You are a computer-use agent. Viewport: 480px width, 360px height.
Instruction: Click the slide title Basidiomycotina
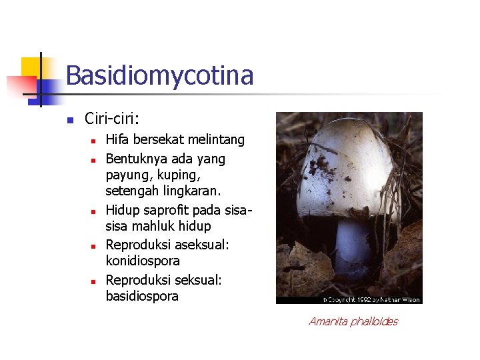pos(159,75)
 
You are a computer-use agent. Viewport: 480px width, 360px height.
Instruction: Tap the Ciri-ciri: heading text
pos(112,119)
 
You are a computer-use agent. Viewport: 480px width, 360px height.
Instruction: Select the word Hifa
pos(117,140)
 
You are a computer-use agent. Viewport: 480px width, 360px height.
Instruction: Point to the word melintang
pos(217,140)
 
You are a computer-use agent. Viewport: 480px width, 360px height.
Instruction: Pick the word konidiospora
pos(143,261)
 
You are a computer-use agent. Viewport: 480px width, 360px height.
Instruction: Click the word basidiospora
pos(142,296)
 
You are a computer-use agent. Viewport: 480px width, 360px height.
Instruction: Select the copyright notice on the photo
pos(371,299)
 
